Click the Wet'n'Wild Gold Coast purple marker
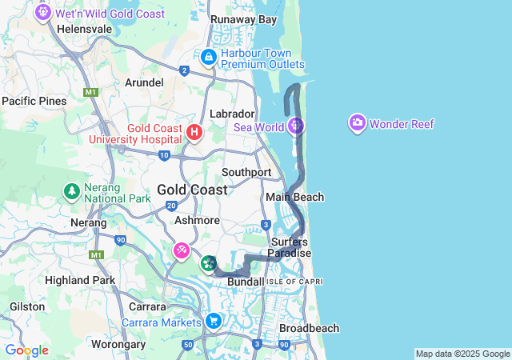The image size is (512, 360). pyautogui.click(x=43, y=13)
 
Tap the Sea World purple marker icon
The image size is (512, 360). pyautogui.click(x=296, y=126)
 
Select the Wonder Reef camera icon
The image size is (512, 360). pyautogui.click(x=357, y=123)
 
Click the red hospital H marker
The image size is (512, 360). pyautogui.click(x=194, y=131)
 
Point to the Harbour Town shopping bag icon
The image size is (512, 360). pyautogui.click(x=208, y=57)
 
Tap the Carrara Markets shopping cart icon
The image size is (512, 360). pyautogui.click(x=213, y=321)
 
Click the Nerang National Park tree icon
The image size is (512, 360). pyautogui.click(x=72, y=191)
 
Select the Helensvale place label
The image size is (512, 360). pyautogui.click(x=85, y=28)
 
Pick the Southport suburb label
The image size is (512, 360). pyautogui.click(x=246, y=172)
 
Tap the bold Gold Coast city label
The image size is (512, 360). pyautogui.click(x=192, y=190)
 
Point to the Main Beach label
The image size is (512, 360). pyautogui.click(x=294, y=197)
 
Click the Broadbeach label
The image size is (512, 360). pyautogui.click(x=309, y=328)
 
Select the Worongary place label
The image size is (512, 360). pyautogui.click(x=118, y=344)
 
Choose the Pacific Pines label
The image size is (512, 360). pyautogui.click(x=34, y=101)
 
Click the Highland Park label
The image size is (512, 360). pyautogui.click(x=80, y=280)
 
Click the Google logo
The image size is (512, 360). pyautogui.click(x=26, y=350)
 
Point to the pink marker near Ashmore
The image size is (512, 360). pyautogui.click(x=182, y=250)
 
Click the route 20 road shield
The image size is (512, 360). pyautogui.click(x=171, y=206)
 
